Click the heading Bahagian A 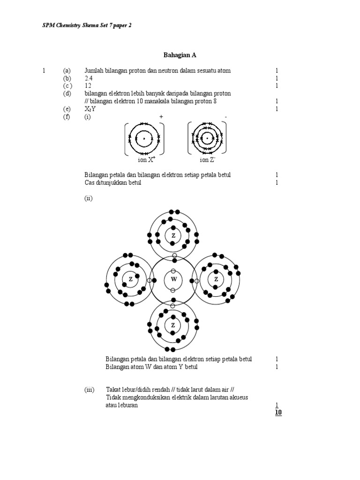coord(180,55)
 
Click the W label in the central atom coord(173,280)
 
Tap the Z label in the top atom coord(173,235)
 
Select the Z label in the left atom coord(130,280)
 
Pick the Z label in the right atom coord(216,280)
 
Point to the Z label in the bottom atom coord(173,325)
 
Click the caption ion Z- coord(207,160)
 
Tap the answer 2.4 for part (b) coord(89,78)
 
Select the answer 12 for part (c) coord(88,86)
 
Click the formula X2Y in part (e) coord(90,109)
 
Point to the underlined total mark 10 coord(278,412)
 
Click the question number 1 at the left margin coord(44,71)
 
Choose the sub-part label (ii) coord(89,198)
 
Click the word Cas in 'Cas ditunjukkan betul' coord(90,183)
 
